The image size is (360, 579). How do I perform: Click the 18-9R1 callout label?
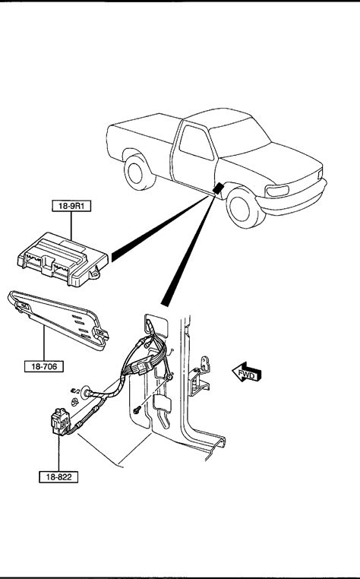71,206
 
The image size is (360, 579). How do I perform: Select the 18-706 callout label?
44,366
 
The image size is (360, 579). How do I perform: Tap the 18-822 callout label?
58,476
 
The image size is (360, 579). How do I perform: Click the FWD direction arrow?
247,372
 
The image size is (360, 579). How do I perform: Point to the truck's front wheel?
244,207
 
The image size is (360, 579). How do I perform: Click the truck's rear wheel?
137,172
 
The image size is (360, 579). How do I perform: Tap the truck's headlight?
277,191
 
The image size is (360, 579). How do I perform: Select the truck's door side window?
196,143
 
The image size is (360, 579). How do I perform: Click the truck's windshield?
239,137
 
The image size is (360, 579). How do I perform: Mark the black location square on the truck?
218,188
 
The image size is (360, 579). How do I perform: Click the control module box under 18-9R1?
63,259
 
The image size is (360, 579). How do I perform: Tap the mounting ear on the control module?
95,274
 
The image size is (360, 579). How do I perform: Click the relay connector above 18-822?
60,422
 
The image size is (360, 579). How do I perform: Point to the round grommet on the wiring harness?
87,393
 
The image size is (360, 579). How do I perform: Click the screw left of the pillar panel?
137,409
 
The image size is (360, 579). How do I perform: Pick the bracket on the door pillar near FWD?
199,377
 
